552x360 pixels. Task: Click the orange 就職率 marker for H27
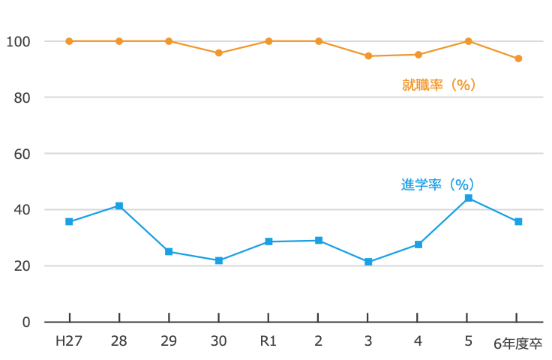(x=69, y=41)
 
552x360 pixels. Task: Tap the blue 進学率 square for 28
(x=118, y=205)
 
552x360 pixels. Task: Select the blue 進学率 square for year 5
(x=468, y=198)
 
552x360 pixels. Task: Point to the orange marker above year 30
(x=219, y=53)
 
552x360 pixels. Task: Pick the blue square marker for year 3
(x=368, y=262)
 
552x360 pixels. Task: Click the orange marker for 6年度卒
(x=518, y=58)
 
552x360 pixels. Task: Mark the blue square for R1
(x=268, y=241)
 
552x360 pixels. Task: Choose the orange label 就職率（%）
(x=439, y=85)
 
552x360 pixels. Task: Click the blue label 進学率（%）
(x=438, y=184)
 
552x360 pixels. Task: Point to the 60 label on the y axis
(x=22, y=154)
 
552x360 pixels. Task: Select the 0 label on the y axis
(x=26, y=322)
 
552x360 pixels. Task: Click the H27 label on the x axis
(x=69, y=341)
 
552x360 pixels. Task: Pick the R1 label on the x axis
(x=268, y=341)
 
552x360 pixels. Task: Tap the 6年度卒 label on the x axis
(x=517, y=343)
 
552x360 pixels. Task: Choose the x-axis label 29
(x=169, y=341)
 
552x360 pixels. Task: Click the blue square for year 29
(x=169, y=251)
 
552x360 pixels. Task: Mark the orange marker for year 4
(x=418, y=55)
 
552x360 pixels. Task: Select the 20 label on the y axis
(x=22, y=266)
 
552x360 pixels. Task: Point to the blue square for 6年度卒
(x=518, y=221)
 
